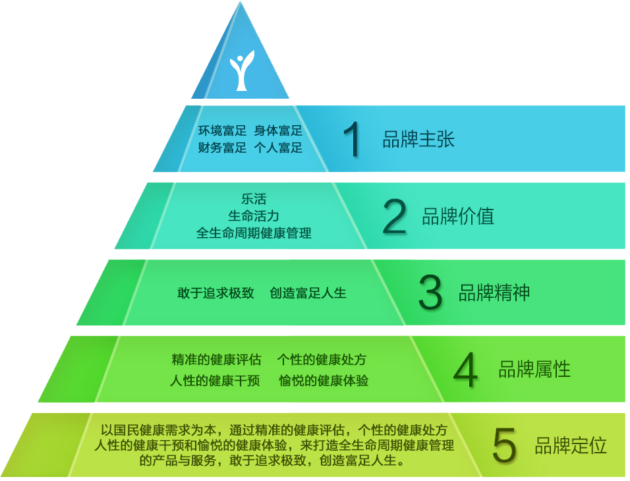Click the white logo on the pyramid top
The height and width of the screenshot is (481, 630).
tap(242, 70)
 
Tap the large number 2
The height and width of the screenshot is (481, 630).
tap(394, 216)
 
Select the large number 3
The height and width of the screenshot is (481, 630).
tap(430, 292)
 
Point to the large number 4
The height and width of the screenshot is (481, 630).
tap(466, 369)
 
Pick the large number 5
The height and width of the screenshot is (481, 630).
tap(504, 445)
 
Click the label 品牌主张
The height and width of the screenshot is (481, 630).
tap(418, 139)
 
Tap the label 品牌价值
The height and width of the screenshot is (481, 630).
tap(458, 216)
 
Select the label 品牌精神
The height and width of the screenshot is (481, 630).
tap(494, 293)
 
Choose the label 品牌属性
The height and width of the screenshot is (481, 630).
tap(534, 369)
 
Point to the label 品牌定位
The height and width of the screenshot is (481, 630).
tap(571, 445)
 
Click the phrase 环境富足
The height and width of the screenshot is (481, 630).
tap(222, 130)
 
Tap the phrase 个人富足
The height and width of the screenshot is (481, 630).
tap(278, 148)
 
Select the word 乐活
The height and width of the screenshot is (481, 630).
tap(254, 199)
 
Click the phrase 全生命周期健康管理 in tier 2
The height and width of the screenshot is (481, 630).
tap(254, 233)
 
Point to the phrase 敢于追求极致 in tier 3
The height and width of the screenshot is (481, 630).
tap(215, 293)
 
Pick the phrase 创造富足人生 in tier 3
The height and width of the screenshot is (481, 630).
tap(308, 293)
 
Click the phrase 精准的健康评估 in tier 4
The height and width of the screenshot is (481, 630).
tap(217, 359)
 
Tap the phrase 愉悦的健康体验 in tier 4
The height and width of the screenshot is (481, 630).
tap(324, 380)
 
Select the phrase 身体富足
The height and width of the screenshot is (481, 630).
tap(278, 130)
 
